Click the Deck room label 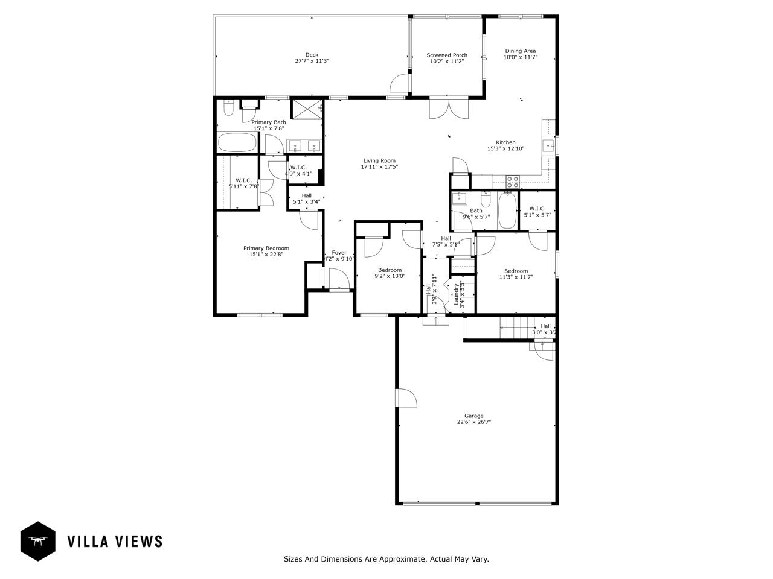point(312,55)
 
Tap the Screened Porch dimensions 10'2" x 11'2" point(447,62)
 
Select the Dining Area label point(520,51)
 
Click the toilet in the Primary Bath point(228,109)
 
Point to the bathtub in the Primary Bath point(237,144)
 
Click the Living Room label point(379,160)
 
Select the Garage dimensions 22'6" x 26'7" point(473,422)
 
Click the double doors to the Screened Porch point(447,109)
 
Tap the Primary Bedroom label point(266,248)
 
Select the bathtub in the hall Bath point(507,211)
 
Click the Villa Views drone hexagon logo point(38,541)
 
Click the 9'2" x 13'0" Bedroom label point(390,270)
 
